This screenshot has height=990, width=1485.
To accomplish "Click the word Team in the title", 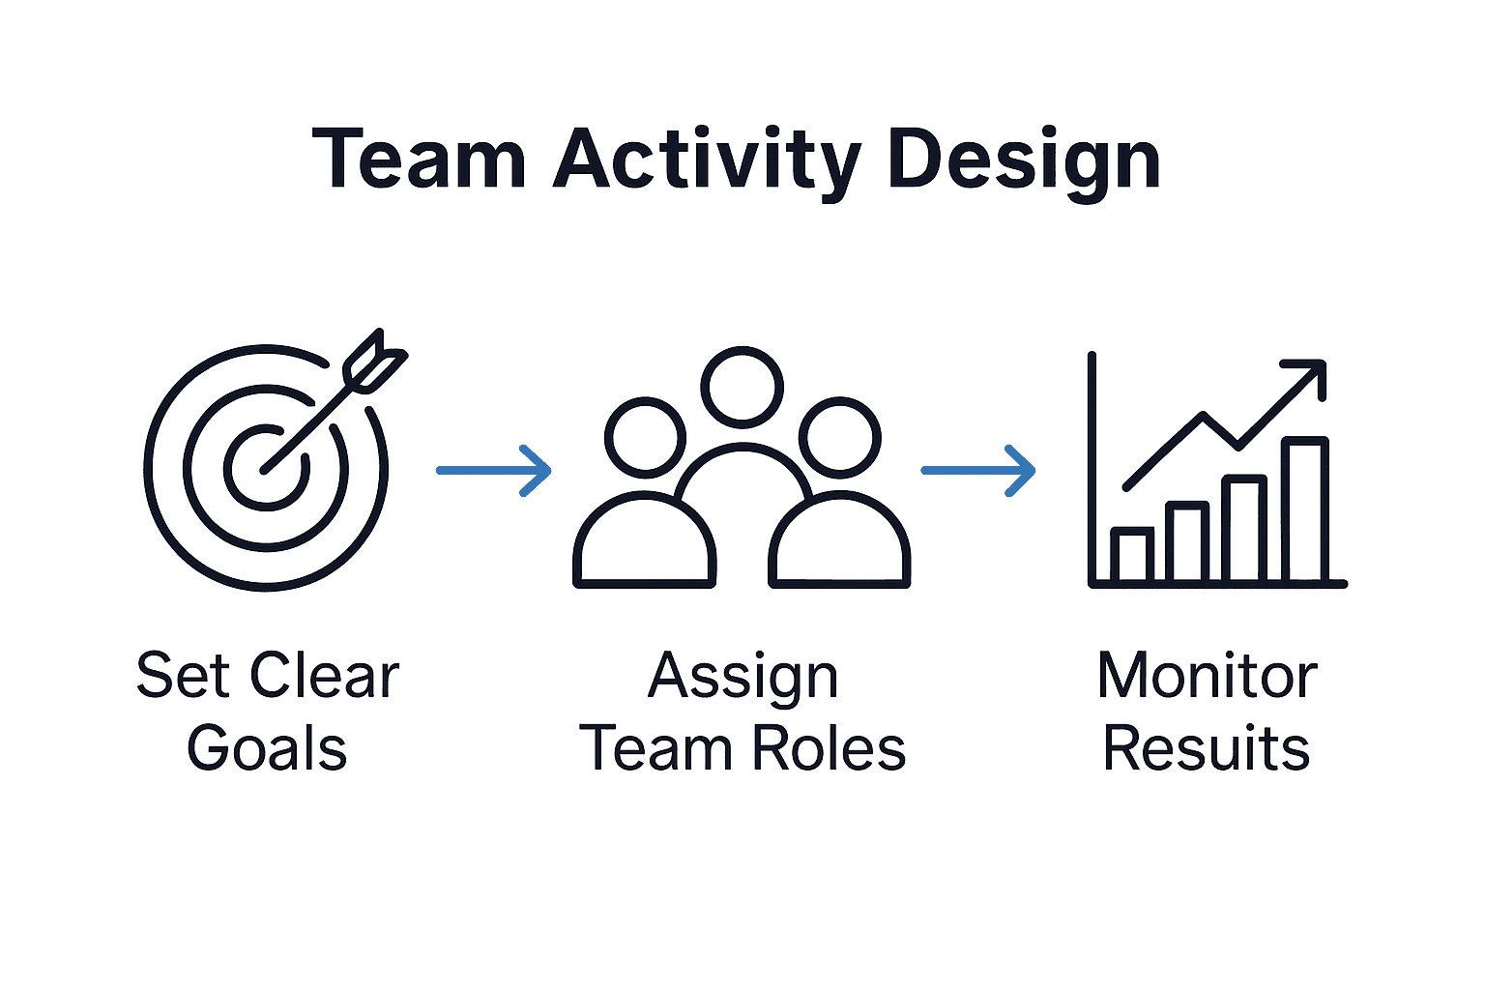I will [x=419, y=160].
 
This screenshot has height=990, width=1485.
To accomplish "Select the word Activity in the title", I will [x=706, y=160].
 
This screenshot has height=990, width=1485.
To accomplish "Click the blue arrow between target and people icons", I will [x=493, y=471].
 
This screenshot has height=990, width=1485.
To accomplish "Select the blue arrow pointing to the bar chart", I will [x=977, y=471].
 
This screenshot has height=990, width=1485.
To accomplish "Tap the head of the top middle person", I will [x=742, y=386].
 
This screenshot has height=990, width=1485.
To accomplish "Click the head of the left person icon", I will [x=645, y=437].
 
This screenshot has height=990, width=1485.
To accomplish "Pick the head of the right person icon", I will [x=839, y=437].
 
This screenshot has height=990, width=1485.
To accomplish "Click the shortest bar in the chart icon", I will [x=1131, y=555].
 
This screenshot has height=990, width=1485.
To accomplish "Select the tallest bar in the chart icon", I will [x=1305, y=510].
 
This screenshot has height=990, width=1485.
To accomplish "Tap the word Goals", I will [x=267, y=749].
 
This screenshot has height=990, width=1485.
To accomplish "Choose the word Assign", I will [x=742, y=677].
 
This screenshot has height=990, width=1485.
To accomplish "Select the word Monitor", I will [x=1207, y=676].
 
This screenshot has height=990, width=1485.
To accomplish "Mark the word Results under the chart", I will [x=1207, y=749].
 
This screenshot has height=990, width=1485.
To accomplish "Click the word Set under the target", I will [x=183, y=676].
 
